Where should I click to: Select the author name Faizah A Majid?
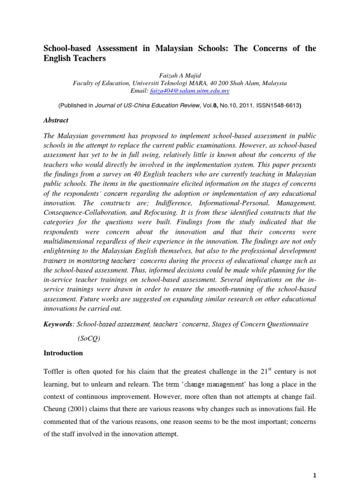click(x=180, y=74)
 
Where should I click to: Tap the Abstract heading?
click(x=56, y=120)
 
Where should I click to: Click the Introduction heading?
click(x=63, y=353)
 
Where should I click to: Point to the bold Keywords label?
click(x=58, y=324)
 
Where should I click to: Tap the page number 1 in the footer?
click(x=315, y=474)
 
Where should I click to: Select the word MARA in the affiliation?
click(x=190, y=83)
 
